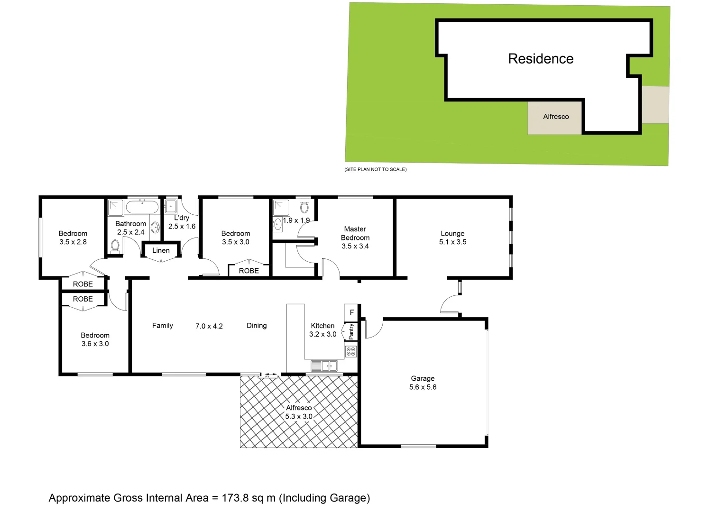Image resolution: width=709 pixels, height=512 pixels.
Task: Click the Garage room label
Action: coord(423,378)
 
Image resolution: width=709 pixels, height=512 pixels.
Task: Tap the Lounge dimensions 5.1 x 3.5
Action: coord(452,242)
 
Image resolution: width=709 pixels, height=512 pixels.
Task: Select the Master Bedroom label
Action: coord(355,233)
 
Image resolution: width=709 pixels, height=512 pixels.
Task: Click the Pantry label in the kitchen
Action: coord(351,331)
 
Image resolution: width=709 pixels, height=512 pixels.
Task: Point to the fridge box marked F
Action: coord(351,312)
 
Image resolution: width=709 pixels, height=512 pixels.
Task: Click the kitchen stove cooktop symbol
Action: coord(351,351)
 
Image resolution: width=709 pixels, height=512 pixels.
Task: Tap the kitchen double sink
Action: coord(324,366)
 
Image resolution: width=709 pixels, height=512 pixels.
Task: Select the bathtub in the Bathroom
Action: coord(142,207)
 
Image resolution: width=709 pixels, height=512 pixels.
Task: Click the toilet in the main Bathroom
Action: coord(115,245)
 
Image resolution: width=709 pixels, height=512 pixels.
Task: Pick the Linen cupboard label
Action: coord(161,250)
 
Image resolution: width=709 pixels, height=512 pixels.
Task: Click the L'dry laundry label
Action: coord(182,218)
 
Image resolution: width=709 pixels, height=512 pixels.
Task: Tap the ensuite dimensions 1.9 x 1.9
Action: coord(296,220)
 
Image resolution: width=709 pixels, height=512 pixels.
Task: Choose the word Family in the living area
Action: coord(163,326)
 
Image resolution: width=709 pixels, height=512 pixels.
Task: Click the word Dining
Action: coord(257,326)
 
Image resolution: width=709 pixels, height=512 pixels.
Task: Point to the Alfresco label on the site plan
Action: coord(556,117)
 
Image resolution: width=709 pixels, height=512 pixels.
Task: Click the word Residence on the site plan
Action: coord(541,59)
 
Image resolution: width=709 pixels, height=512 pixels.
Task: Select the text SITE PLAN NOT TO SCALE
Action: coord(376,169)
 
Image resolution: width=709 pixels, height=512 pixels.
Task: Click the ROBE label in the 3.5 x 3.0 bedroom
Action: coord(249,271)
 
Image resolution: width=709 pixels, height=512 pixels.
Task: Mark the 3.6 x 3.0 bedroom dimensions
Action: coord(95,344)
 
